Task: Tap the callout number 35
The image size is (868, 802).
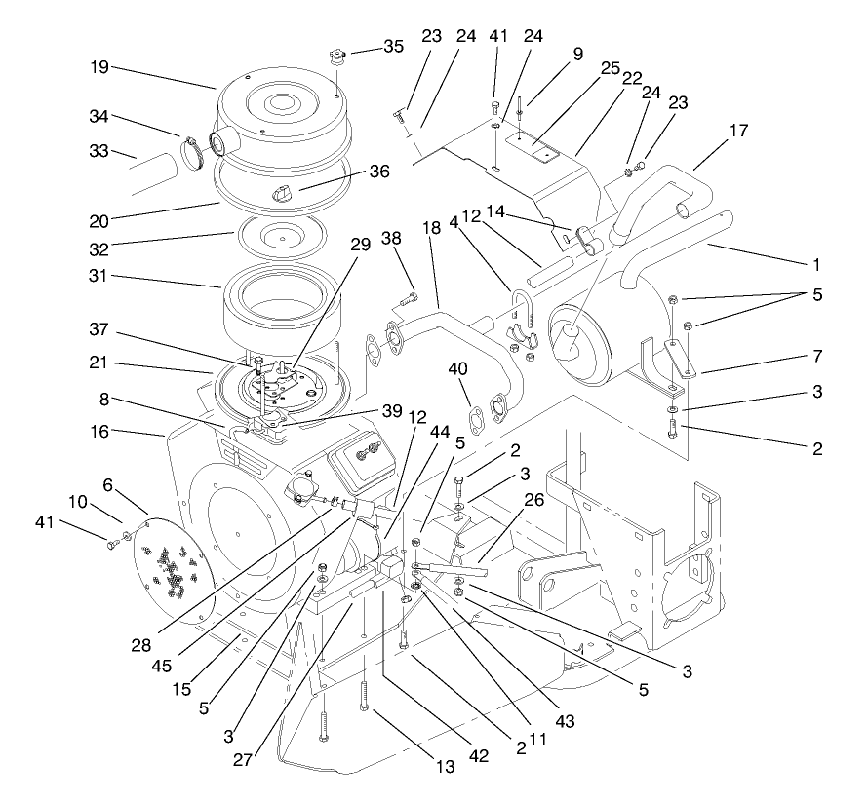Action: click(x=392, y=45)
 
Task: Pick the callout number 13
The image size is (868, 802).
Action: click(x=445, y=767)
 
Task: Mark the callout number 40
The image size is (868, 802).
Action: click(x=458, y=367)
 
